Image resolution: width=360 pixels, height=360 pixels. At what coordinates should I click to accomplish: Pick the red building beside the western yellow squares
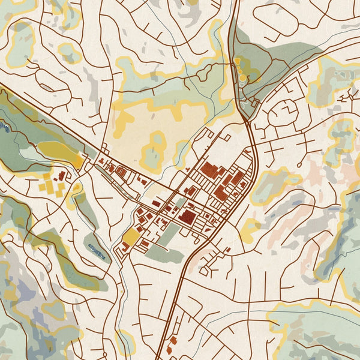(62, 175)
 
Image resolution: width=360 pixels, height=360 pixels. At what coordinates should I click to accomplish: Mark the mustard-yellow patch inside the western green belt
(60, 155)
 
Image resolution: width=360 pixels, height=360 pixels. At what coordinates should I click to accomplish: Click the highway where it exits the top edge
(235, 2)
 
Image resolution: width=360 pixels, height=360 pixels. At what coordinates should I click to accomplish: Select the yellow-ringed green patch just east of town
(273, 186)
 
